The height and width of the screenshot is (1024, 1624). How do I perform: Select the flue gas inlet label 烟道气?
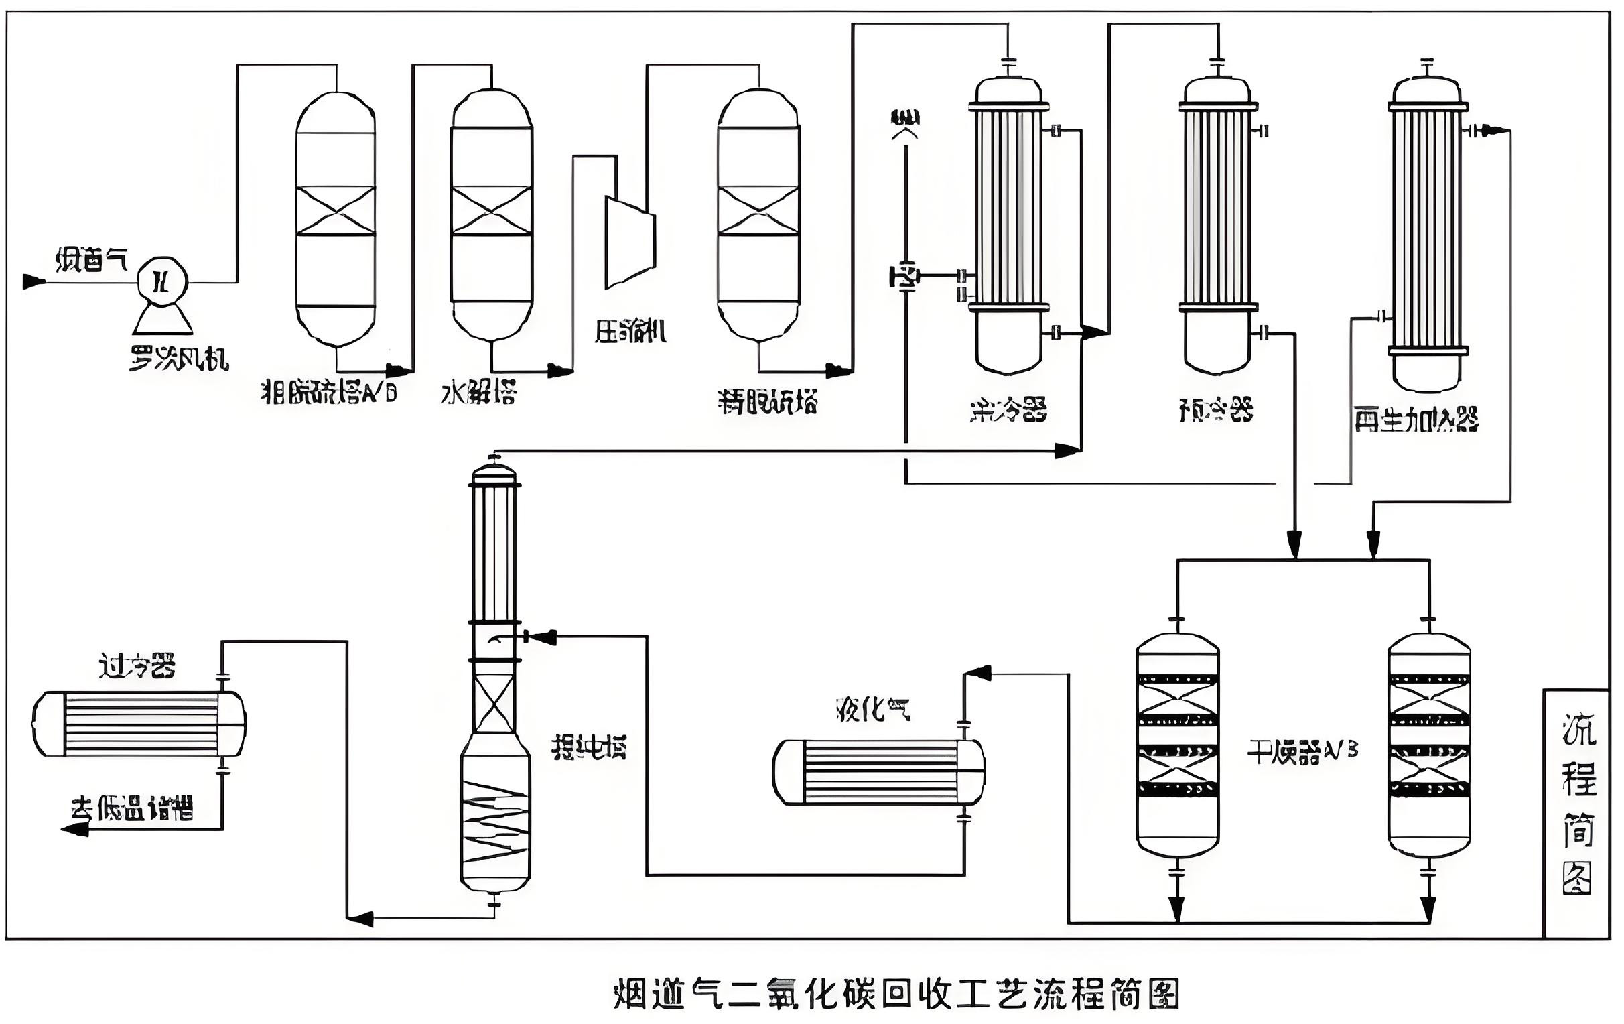90,260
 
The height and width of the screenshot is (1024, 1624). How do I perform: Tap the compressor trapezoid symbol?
630,241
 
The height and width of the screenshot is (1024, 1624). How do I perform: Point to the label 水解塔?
479,393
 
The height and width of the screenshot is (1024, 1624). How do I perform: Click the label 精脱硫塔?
768,403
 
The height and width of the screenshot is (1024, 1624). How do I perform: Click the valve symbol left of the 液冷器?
904,277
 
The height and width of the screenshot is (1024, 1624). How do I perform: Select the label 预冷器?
1216,409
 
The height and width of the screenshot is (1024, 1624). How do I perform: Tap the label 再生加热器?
1416,420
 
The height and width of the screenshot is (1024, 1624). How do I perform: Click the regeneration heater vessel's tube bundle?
1428,229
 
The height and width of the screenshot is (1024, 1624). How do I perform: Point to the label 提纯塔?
590,747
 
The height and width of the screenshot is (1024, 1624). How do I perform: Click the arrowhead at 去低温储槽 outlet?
76,829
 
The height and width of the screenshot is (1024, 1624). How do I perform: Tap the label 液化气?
873,709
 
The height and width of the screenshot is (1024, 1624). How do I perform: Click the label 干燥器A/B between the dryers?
1302,751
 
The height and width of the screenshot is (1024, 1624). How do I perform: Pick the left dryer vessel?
1178,745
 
